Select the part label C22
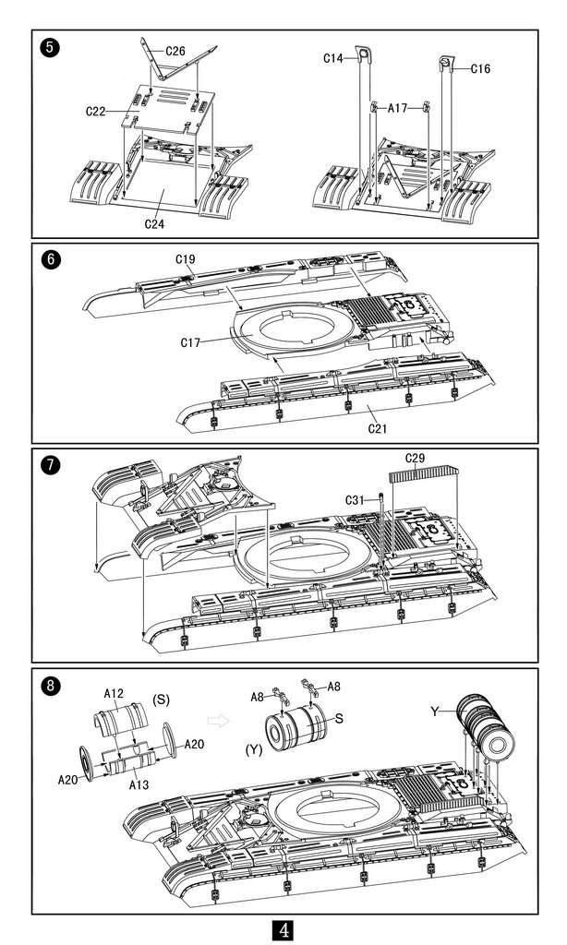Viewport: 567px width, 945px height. pyautogui.click(x=96, y=111)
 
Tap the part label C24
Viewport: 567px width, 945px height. pyautogui.click(x=155, y=223)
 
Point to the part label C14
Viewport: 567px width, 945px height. pyautogui.click(x=333, y=57)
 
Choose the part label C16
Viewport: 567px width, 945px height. pyautogui.click(x=480, y=68)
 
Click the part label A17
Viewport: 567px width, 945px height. pyautogui.click(x=397, y=108)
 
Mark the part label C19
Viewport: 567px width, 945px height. pyautogui.click(x=184, y=259)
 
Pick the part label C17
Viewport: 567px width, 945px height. pyautogui.click(x=191, y=343)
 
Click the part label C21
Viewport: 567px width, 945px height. pyautogui.click(x=377, y=428)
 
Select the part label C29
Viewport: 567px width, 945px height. pyautogui.click(x=416, y=458)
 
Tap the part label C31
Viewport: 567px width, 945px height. pyautogui.click(x=356, y=499)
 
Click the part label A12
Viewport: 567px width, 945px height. pyautogui.click(x=114, y=693)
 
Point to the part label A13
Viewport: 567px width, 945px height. pyautogui.click(x=139, y=784)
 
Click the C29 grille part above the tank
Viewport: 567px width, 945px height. pyautogui.click(x=425, y=475)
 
